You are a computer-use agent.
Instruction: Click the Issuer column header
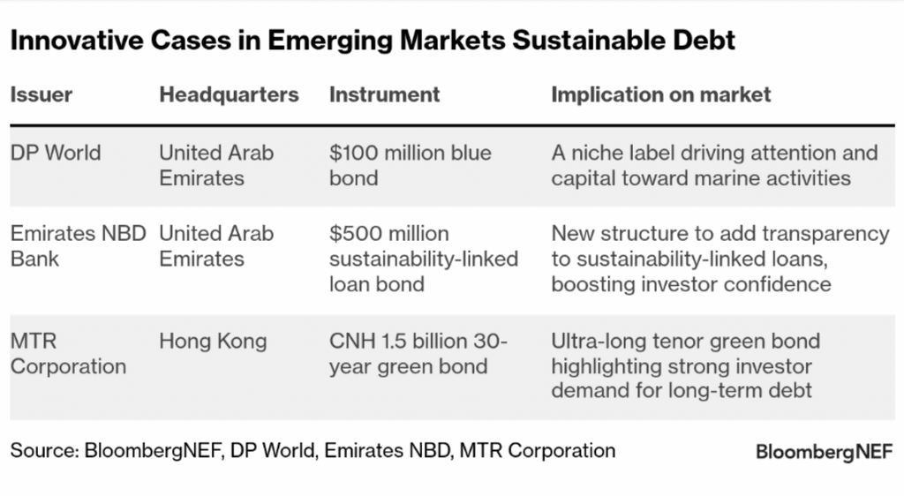41,94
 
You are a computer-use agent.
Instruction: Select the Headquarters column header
229,94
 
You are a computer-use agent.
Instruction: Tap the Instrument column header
384,94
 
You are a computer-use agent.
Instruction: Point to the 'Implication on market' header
661,94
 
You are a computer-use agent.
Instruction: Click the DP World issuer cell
56,153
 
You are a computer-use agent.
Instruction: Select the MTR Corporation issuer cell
68,353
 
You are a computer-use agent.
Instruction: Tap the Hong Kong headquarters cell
212,341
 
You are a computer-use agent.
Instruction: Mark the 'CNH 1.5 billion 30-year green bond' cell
419,353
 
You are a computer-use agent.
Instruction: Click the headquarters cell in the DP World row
216,165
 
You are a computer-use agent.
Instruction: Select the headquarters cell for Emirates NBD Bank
216,246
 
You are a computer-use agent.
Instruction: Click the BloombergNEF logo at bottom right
823,452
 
